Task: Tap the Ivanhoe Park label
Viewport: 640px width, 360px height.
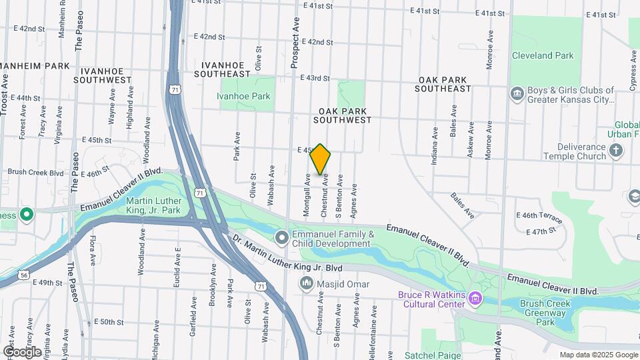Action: coord(243,96)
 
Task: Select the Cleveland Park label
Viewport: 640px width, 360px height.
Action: coord(543,56)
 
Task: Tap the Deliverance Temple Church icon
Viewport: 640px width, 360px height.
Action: coord(615,151)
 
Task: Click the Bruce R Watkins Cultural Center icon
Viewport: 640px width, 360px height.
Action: coord(475,297)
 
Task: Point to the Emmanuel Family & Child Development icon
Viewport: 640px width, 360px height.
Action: coord(282,237)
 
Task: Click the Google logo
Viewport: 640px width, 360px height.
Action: coord(23,352)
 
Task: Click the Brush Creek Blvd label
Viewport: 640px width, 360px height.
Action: coord(35,171)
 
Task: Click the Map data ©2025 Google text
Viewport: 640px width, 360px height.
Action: coord(598,355)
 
